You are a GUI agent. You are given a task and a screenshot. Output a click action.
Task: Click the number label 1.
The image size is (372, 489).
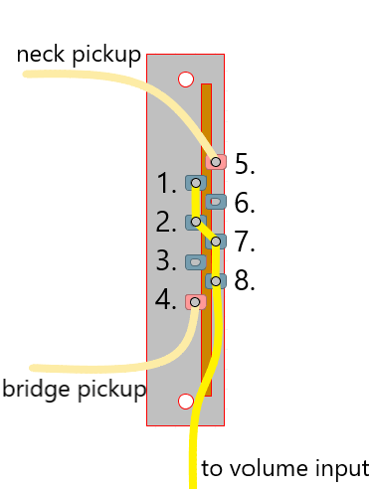click(166, 183)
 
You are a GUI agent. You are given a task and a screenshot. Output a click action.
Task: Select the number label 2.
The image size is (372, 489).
click(166, 222)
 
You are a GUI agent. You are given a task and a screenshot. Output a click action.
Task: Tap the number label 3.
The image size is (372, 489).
click(166, 261)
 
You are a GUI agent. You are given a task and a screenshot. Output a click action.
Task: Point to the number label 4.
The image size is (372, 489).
click(166, 300)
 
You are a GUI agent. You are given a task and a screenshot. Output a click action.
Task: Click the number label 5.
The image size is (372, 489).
click(246, 164)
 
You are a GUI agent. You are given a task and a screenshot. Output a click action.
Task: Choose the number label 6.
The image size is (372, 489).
click(246, 203)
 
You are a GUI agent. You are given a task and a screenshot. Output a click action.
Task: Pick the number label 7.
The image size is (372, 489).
click(246, 243)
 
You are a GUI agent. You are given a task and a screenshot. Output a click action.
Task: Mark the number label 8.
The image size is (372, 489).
click(246, 281)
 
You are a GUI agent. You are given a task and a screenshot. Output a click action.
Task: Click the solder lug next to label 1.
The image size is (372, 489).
click(196, 183)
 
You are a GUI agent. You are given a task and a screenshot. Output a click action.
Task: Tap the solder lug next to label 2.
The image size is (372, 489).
click(196, 222)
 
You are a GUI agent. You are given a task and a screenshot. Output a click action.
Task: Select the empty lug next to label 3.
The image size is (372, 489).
click(196, 262)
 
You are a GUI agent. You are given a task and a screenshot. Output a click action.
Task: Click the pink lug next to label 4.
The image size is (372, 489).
click(196, 301)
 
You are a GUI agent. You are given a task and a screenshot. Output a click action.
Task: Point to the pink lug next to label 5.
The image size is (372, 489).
click(217, 161)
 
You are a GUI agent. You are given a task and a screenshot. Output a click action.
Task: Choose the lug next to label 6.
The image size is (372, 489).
click(217, 202)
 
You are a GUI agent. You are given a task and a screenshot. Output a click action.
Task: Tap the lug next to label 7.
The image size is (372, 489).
click(216, 242)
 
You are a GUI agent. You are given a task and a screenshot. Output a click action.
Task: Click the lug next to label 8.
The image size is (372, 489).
click(216, 281)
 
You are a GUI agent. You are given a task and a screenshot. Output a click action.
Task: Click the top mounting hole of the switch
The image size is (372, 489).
click(185, 79)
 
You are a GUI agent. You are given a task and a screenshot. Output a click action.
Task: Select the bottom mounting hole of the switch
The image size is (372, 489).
click(185, 402)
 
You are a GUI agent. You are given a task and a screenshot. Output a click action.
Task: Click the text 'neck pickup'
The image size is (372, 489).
click(80, 55)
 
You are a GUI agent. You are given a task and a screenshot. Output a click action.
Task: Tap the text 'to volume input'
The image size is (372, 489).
click(284, 468)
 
